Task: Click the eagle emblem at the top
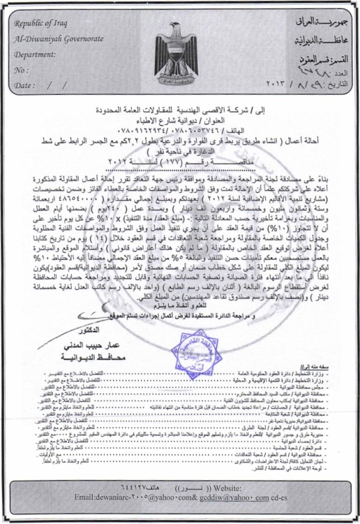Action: click(179, 56)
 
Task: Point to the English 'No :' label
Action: click(21, 71)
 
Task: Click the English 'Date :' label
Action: click(24, 85)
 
